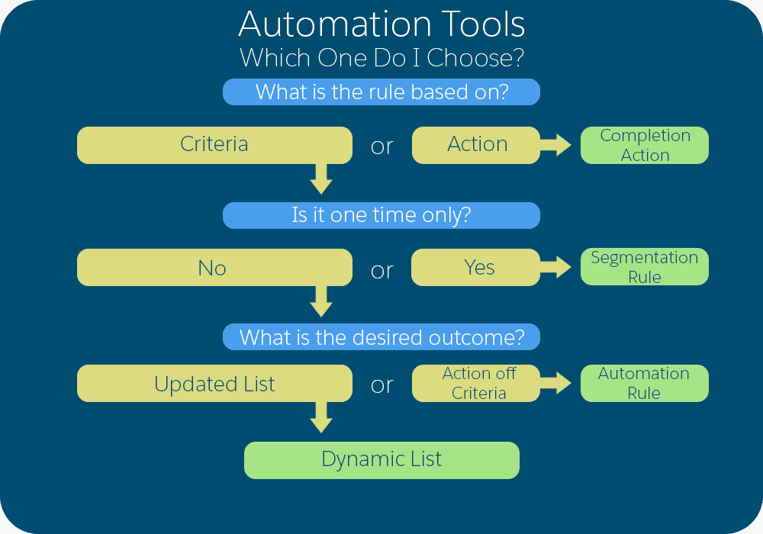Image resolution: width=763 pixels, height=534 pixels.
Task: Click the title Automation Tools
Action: tap(381, 24)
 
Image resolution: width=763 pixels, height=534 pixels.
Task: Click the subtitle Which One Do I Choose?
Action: tap(381, 58)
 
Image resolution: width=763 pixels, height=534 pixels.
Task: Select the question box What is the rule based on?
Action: tap(381, 92)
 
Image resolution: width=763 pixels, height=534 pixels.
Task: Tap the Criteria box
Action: tap(214, 145)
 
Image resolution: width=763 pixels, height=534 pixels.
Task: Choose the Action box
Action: tap(477, 145)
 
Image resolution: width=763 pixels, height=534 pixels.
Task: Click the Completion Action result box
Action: tap(645, 145)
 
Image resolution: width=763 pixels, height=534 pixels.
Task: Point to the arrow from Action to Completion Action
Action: tap(558, 145)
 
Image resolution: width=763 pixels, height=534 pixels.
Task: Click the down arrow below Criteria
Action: tap(321, 181)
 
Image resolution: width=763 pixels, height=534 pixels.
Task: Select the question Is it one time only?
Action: tap(381, 215)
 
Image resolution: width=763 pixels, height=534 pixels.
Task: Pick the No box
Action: tap(214, 268)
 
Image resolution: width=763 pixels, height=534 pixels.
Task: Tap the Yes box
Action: tap(477, 267)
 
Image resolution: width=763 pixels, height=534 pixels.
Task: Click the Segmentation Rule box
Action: tap(645, 267)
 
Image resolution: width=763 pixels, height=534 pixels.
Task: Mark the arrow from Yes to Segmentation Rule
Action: tap(558, 267)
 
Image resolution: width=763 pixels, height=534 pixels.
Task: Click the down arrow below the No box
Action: tap(321, 303)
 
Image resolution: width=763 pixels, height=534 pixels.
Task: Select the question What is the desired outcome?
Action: tap(381, 337)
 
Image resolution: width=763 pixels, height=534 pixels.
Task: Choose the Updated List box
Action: tap(214, 384)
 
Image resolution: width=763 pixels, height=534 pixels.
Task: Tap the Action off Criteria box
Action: tap(477, 384)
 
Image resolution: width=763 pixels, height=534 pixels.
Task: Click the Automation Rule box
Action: tap(645, 384)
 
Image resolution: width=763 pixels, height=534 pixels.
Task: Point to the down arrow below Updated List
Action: tap(321, 419)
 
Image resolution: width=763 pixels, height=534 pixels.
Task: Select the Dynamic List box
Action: tap(381, 460)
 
